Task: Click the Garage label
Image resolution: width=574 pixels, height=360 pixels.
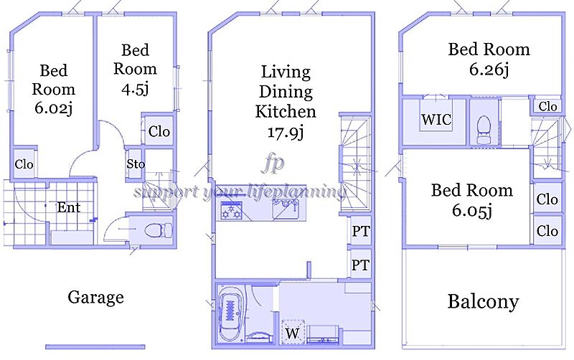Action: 95,298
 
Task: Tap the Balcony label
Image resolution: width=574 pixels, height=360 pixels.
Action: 483,302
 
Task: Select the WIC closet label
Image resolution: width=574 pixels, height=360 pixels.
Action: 436,119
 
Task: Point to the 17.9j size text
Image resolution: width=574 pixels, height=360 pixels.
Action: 286,132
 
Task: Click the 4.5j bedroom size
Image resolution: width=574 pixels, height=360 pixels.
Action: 135,89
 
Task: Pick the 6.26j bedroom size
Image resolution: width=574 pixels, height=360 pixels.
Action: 489,69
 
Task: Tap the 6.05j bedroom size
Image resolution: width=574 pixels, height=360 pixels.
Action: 472,210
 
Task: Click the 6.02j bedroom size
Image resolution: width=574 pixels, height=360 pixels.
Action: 53,108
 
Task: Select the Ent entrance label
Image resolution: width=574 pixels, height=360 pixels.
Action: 68,208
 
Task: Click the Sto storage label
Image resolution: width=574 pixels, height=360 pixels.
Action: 136,164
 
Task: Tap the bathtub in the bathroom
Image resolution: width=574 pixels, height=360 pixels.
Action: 230,313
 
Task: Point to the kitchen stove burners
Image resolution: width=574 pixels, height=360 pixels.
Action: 231,212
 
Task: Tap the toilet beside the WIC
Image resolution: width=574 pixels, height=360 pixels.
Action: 484,130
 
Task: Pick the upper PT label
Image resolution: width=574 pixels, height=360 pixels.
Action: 361,231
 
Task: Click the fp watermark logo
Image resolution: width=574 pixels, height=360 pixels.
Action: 273,164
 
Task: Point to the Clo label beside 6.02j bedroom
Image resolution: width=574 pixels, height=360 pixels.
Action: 24,164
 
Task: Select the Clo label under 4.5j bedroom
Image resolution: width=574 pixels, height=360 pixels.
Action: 159,131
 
